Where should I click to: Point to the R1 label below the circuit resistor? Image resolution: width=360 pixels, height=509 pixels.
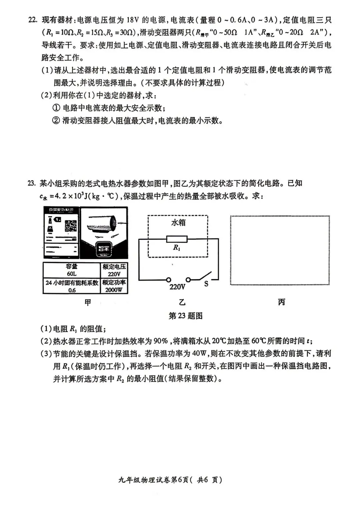click(176, 248)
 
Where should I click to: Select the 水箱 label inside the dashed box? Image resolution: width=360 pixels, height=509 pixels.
click(178, 222)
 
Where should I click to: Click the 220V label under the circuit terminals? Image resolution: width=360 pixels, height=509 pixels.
click(177, 287)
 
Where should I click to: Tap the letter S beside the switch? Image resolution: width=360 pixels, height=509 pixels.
click(206, 284)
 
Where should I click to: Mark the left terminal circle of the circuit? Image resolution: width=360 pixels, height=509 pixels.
click(169, 280)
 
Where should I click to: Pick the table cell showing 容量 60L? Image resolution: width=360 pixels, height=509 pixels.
click(71, 270)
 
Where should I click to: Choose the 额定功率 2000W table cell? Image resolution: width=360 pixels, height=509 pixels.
click(114, 286)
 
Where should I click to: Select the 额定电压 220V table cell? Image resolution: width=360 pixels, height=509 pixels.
click(114, 270)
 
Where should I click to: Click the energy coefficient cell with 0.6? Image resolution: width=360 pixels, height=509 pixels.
click(72, 286)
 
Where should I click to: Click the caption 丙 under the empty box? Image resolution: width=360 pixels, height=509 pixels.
click(281, 302)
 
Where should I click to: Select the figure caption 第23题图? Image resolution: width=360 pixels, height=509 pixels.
click(186, 316)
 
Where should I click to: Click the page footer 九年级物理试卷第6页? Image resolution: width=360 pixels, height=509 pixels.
click(170, 480)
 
